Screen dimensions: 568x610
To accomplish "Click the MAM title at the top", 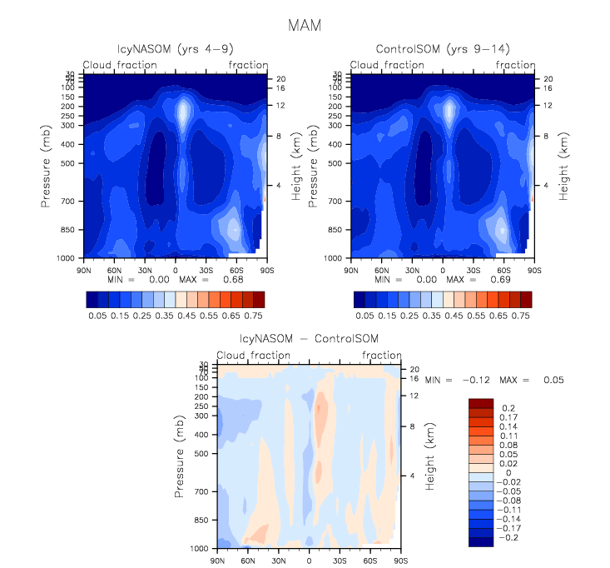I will coord(305,26).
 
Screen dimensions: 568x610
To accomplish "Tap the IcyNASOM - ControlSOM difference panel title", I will coord(309,339).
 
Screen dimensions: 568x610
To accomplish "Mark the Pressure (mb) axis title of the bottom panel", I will coord(180,460).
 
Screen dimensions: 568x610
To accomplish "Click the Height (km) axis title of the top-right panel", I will coord(564,167).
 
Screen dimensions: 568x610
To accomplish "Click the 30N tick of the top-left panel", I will coord(145,270).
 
